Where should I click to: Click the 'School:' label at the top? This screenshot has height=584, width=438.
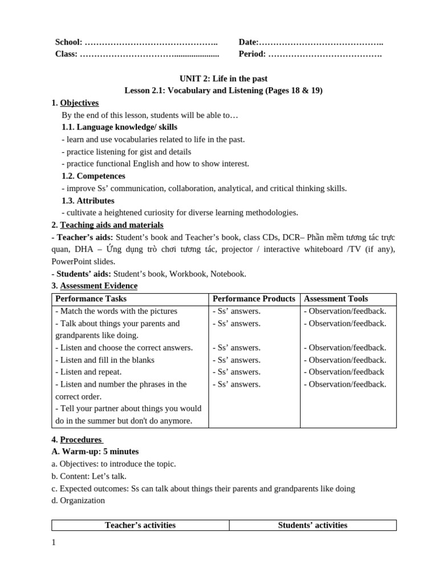[x=68, y=42]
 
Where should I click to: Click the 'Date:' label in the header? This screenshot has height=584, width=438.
[x=249, y=42]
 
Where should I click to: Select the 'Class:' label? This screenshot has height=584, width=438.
[x=66, y=54]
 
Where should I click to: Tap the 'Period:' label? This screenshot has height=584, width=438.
[x=252, y=54]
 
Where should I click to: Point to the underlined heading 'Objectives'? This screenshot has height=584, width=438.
[x=79, y=103]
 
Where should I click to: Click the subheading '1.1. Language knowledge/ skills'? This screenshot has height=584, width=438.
[x=119, y=127]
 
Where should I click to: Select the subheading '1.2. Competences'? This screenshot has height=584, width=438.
[x=93, y=176]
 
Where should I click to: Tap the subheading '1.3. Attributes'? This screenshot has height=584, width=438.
[x=88, y=201]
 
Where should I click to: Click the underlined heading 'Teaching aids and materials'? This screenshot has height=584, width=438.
[x=112, y=225]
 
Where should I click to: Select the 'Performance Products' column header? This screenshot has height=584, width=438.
[x=254, y=299]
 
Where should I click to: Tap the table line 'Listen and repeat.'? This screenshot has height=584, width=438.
[x=88, y=372]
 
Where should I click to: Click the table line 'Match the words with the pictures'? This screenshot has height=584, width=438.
[x=116, y=311]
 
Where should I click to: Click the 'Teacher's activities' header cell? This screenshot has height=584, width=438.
[x=140, y=525]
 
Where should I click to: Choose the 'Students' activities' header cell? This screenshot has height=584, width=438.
[x=313, y=525]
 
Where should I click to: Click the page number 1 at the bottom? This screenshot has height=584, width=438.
[x=54, y=543]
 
